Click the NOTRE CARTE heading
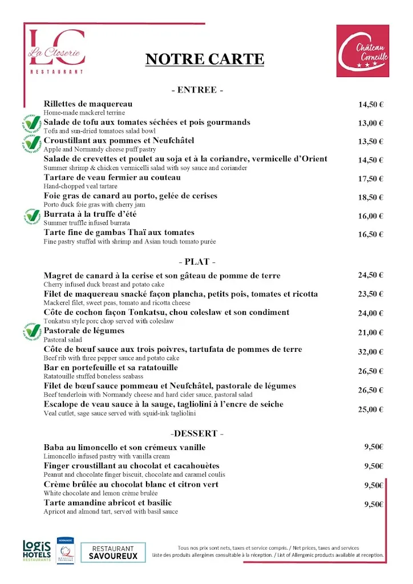pos(205,59)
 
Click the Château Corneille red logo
pos(362,51)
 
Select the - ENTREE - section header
pos(197,90)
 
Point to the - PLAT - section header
pos(197,262)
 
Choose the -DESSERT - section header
pos(197,433)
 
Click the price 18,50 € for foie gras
pos(371,197)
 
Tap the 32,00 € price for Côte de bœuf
pos(371,352)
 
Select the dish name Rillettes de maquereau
pos(88,104)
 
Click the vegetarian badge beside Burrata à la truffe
pos(32,216)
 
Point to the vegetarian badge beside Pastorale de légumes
pos(32,331)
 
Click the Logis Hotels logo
pos(37,550)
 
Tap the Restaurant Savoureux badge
pos(113,552)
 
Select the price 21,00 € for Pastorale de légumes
pos(371,332)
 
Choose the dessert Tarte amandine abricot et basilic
pos(107,502)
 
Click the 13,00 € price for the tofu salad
pos(371,123)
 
